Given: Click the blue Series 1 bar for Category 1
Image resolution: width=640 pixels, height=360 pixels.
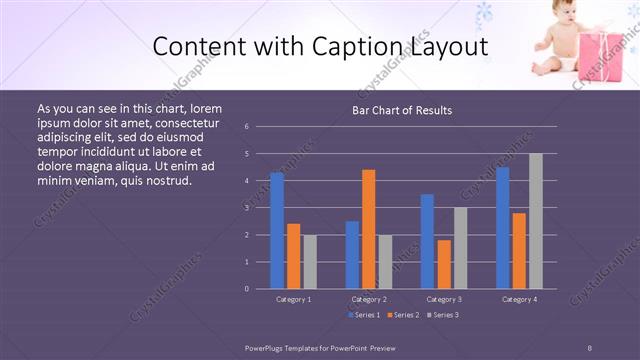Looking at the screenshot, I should click(x=277, y=230).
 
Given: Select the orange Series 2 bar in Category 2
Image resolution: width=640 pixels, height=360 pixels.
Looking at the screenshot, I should click(x=369, y=229).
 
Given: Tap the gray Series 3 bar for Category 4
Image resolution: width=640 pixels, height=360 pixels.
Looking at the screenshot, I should click(x=536, y=221).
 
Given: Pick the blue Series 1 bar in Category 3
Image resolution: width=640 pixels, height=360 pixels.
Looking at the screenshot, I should click(x=428, y=241).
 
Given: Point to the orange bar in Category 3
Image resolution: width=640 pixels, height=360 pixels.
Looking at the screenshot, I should click(x=444, y=264).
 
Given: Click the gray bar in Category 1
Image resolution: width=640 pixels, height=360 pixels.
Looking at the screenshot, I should click(x=310, y=261).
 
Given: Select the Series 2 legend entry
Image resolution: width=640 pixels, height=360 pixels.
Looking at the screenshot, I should click(x=402, y=315).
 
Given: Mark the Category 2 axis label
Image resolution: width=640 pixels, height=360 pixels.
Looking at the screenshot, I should click(x=369, y=299).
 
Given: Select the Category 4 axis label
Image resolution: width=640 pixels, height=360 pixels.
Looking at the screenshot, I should click(x=519, y=299).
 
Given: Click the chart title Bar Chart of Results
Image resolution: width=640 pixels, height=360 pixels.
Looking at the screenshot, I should click(x=402, y=110).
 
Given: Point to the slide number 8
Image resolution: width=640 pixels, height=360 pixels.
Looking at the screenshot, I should click(x=590, y=347).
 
